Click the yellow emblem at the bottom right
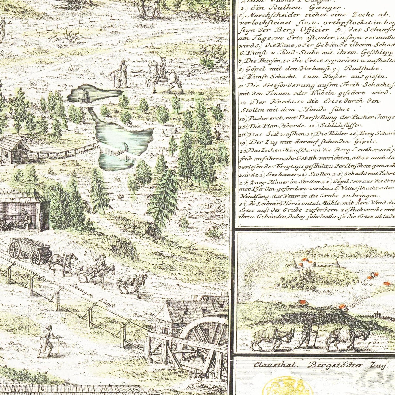(x=287, y=385)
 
